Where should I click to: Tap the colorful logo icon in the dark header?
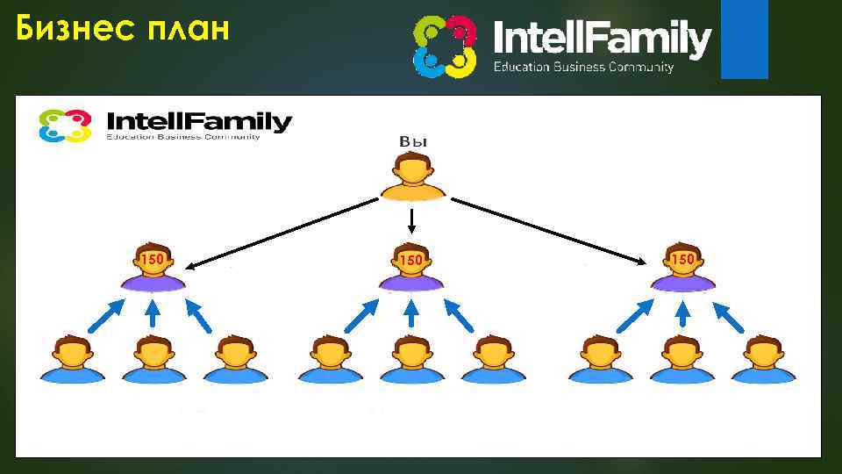pos(445,46)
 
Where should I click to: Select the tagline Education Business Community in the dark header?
pos(583,68)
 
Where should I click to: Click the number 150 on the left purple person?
pos(153,260)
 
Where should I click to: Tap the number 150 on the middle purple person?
pos(411,261)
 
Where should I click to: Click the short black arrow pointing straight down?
pos(411,221)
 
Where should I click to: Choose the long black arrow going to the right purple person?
pos(548,230)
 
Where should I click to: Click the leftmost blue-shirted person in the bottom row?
pos(71,360)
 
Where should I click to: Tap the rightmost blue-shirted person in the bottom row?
pos(763,360)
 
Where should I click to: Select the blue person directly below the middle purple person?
pos(411,360)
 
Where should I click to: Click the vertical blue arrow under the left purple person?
pos(153,314)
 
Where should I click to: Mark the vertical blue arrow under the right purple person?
pos(683,314)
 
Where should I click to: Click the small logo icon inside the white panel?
pos(65,126)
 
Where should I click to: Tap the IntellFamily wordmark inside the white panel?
pos(198,121)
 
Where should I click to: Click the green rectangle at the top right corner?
pos(744,39)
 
